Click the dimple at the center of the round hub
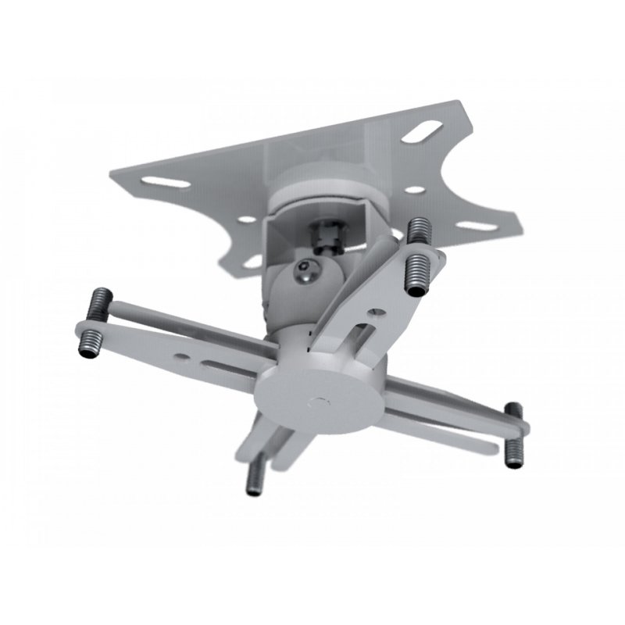(320, 403)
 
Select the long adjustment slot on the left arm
(231, 363)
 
